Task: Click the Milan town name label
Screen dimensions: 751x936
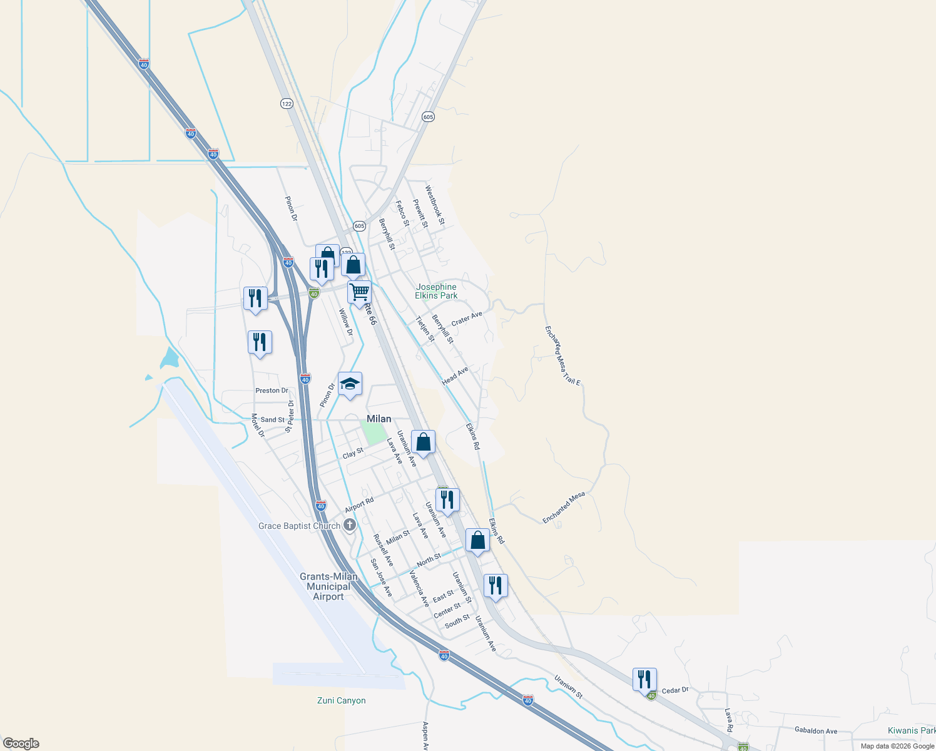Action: coord(379,419)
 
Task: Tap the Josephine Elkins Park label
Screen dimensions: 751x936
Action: coord(436,291)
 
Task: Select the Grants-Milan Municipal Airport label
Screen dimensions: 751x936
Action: coord(328,586)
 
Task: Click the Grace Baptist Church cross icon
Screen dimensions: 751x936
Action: coord(350,525)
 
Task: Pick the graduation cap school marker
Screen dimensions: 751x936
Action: coord(350,384)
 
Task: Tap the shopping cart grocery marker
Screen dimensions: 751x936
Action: coord(359,292)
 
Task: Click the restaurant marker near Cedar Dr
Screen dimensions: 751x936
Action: coord(644,679)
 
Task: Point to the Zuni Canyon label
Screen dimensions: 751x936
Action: coord(341,700)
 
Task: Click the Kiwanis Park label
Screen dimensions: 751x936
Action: coord(911,730)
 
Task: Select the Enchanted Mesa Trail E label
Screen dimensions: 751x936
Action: coord(562,355)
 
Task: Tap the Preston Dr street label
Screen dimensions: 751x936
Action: coord(272,391)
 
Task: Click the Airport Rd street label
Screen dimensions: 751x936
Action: coord(359,504)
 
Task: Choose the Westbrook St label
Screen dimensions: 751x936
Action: coord(434,205)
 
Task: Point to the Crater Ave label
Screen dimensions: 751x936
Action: coord(467,319)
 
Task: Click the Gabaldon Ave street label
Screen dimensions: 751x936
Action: coord(815,730)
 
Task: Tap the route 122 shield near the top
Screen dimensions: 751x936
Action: coord(287,103)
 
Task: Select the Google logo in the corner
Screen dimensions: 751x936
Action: coord(21,743)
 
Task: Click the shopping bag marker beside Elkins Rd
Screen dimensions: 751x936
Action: coord(477,540)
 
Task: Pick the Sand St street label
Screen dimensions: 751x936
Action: coord(272,420)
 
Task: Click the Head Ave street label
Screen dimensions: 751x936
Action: coord(455,376)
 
